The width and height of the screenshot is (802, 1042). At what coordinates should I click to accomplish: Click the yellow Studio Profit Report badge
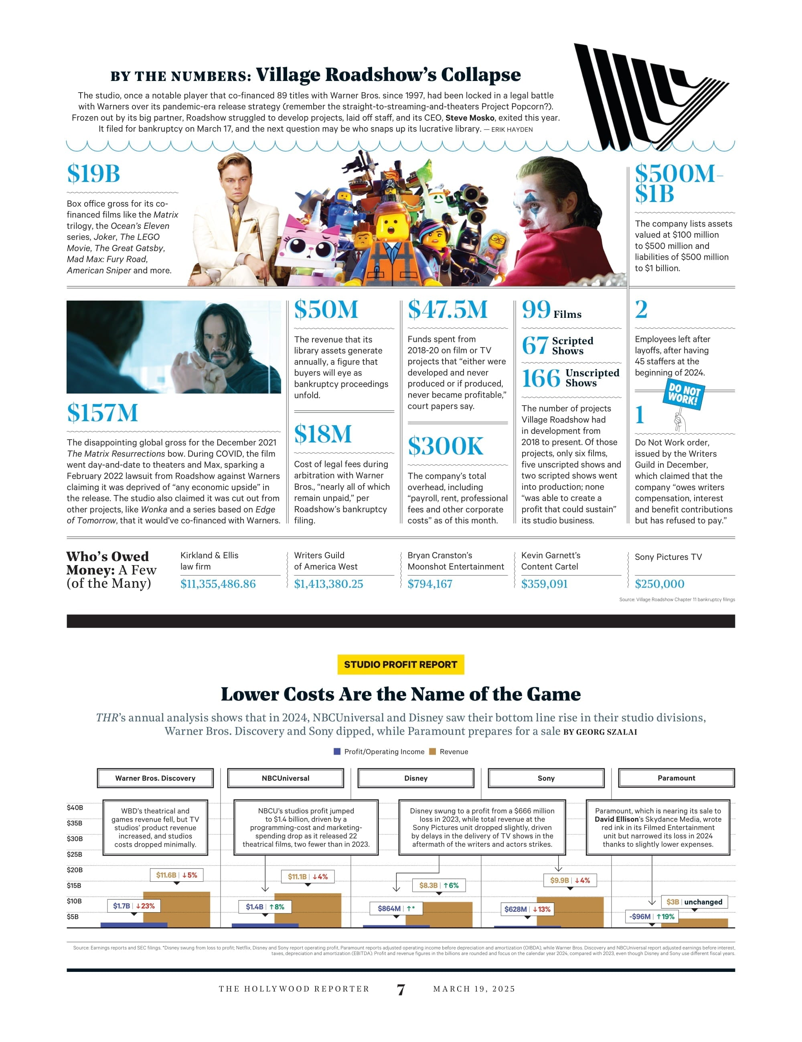pyautogui.click(x=401, y=664)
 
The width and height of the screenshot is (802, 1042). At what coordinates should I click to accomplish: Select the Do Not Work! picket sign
pyautogui.click(x=684, y=394)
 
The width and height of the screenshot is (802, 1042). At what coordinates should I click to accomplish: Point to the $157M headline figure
pyautogui.click(x=103, y=413)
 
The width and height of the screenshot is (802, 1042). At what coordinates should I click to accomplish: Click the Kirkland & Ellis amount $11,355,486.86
pyautogui.click(x=218, y=584)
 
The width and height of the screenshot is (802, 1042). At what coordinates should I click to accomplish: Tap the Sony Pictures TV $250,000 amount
pyautogui.click(x=659, y=584)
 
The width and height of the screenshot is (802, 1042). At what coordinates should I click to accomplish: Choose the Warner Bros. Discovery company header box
pyautogui.click(x=155, y=778)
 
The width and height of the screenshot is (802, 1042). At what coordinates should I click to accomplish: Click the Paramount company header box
pyautogui.click(x=676, y=778)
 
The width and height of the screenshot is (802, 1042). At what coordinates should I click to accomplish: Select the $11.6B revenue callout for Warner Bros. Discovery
pyautogui.click(x=176, y=875)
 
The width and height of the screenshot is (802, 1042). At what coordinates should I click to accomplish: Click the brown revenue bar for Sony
pyautogui.click(x=570, y=912)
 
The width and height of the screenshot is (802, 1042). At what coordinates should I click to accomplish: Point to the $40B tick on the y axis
pyautogui.click(x=75, y=808)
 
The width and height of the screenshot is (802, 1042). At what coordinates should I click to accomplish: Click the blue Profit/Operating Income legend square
pyautogui.click(x=337, y=751)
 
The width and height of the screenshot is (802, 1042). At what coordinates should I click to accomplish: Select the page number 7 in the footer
pyautogui.click(x=401, y=990)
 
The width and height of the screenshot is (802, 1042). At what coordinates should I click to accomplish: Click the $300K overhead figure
pyautogui.click(x=446, y=446)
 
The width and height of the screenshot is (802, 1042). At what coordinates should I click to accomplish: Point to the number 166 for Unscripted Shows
pyautogui.click(x=541, y=378)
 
